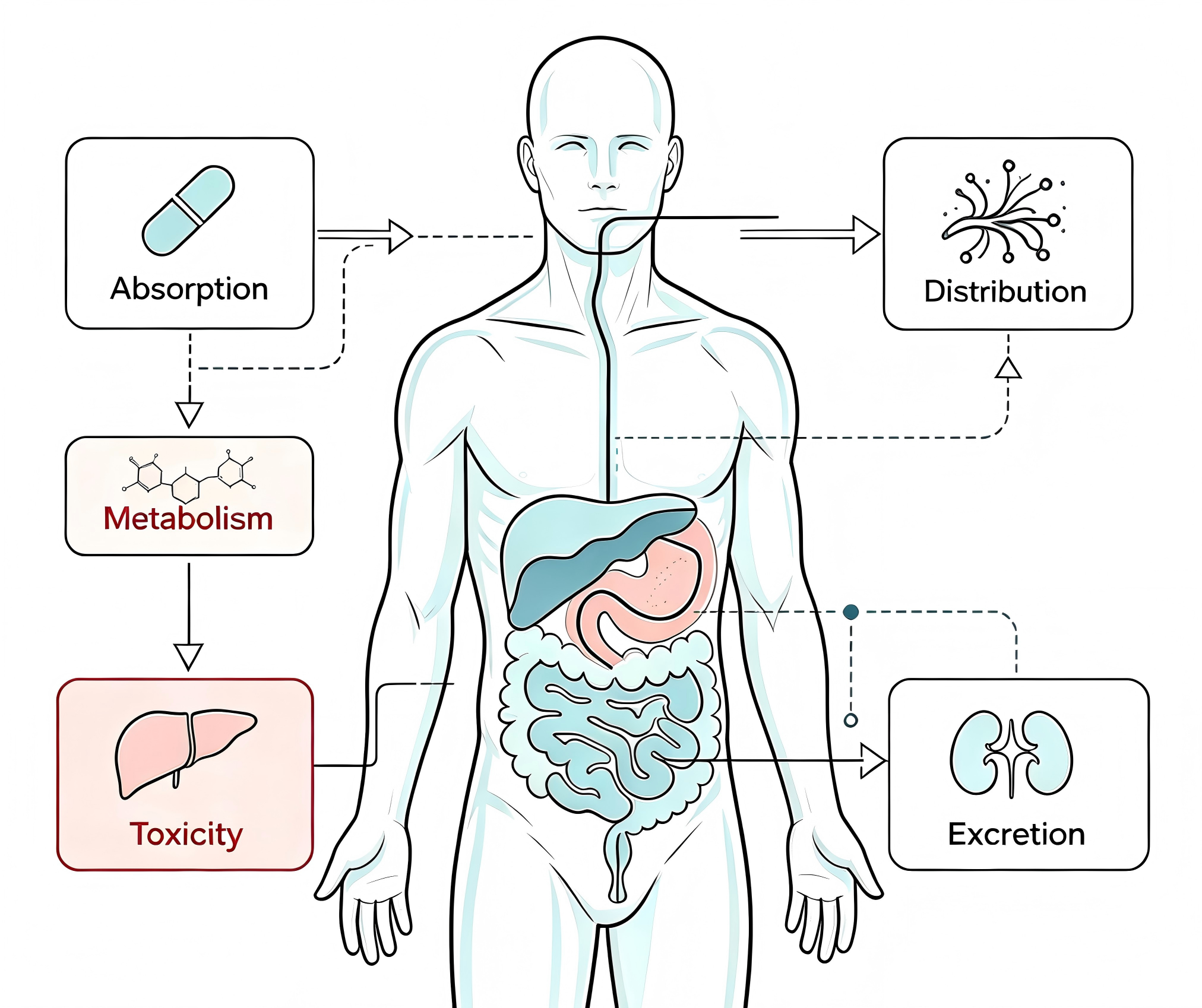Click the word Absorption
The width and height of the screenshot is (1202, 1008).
click(x=189, y=290)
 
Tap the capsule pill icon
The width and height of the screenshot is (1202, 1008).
click(x=188, y=211)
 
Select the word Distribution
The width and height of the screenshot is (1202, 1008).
click(x=1005, y=291)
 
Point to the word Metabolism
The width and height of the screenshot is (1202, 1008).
click(x=188, y=518)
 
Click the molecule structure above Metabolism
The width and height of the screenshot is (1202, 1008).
click(x=189, y=477)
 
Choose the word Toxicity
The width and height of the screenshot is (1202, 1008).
click(x=186, y=835)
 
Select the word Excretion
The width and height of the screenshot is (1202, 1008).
click(x=1016, y=835)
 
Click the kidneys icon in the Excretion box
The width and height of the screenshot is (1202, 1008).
click(x=1011, y=753)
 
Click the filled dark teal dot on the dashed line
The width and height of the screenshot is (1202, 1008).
click(x=851, y=611)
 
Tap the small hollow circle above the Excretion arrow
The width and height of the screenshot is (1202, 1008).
click(x=851, y=720)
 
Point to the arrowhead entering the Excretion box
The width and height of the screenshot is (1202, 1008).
click(x=874, y=760)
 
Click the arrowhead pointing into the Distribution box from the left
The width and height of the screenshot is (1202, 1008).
click(x=866, y=234)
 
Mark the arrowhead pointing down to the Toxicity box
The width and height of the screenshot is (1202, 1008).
click(x=189, y=657)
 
